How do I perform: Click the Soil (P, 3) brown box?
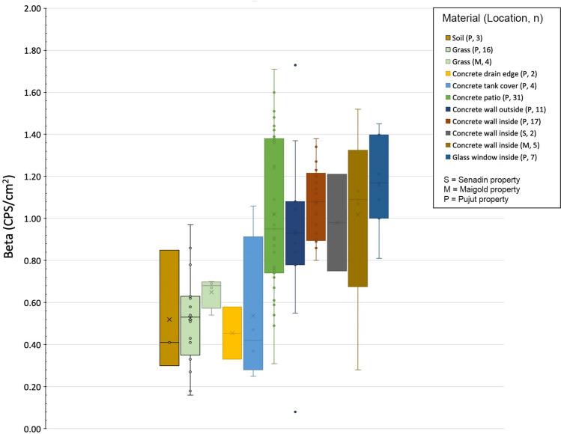pos(169,299)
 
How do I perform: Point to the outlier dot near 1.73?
pos(295,65)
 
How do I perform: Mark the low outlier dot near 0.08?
pos(295,412)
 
